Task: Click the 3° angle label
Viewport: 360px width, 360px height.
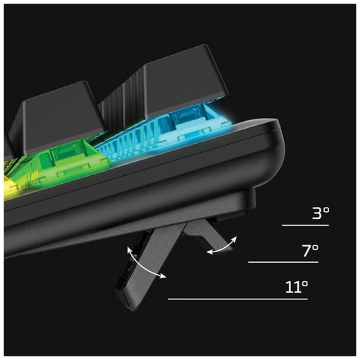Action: click(x=321, y=213)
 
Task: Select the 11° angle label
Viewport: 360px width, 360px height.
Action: click(x=296, y=287)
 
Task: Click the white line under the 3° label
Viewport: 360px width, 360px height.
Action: click(x=305, y=225)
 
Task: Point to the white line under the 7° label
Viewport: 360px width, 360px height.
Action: click(x=283, y=262)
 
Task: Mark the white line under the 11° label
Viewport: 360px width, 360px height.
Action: click(x=238, y=299)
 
